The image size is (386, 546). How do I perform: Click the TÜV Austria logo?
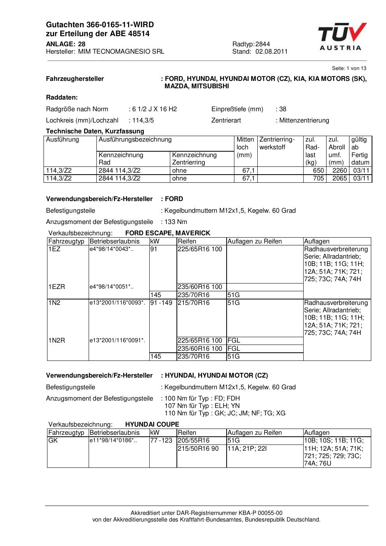click(342, 37)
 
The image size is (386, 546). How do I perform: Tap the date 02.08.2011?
click(271, 51)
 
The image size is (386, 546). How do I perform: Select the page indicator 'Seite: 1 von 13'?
click(349, 68)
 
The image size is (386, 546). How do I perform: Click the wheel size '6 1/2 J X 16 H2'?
click(154, 109)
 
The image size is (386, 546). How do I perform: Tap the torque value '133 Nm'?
click(176, 222)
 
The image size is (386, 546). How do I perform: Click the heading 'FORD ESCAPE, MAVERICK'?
click(168, 233)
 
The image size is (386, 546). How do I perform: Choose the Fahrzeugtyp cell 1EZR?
click(57, 287)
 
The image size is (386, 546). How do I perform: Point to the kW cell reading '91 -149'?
click(161, 303)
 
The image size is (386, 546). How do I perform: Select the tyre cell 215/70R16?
click(194, 303)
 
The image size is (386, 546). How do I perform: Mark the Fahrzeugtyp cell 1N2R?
click(57, 340)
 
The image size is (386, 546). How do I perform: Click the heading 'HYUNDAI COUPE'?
click(152, 424)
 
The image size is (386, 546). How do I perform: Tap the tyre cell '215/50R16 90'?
click(198, 448)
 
